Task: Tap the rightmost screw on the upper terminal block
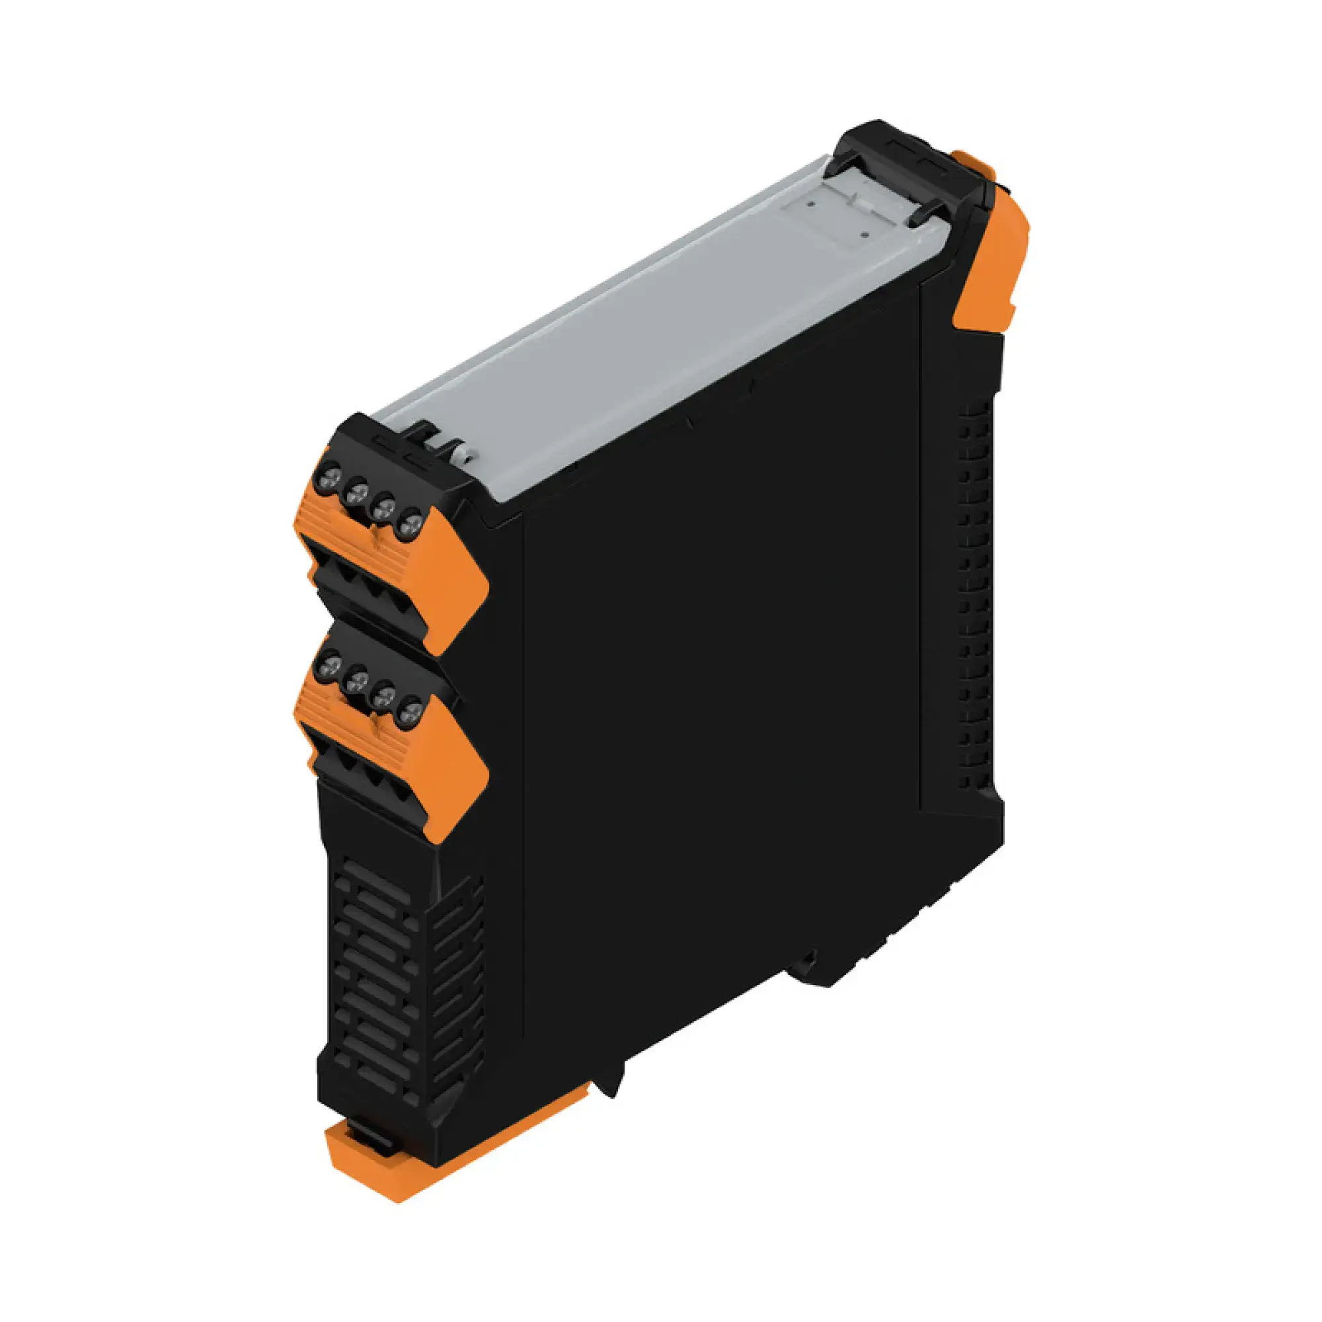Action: pos(410,525)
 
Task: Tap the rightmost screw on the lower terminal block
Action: pos(410,716)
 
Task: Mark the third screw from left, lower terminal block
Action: pos(384,698)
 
